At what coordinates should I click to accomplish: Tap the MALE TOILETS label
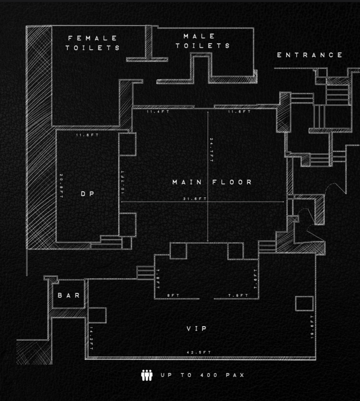(203, 41)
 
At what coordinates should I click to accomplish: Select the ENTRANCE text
(310, 55)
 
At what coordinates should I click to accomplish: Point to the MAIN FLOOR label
(212, 182)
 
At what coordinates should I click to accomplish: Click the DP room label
(88, 194)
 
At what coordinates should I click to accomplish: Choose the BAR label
(69, 295)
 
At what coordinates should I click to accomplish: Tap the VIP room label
(197, 329)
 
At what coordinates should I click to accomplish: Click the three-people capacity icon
(147, 375)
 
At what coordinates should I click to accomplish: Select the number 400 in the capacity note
(209, 375)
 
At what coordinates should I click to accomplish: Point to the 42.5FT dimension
(199, 352)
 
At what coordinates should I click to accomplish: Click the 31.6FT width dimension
(195, 199)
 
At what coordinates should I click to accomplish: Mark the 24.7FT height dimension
(211, 150)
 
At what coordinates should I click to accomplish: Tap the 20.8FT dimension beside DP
(62, 186)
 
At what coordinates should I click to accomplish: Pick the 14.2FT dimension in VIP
(91, 338)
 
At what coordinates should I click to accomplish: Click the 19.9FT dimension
(312, 327)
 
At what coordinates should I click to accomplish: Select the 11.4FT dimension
(158, 112)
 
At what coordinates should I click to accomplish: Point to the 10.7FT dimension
(123, 182)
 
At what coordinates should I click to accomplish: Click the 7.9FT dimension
(238, 295)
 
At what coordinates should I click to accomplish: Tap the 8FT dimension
(173, 295)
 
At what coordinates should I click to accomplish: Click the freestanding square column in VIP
(304, 303)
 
